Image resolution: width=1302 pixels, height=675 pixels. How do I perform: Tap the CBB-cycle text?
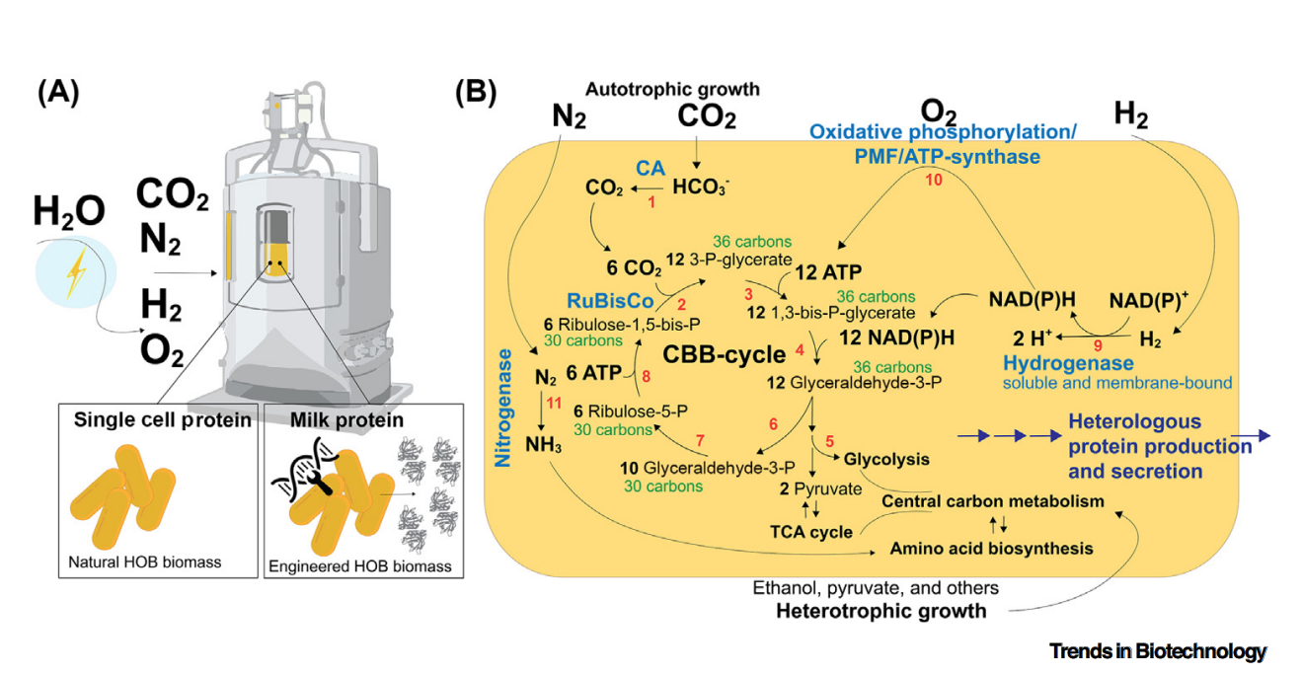723,352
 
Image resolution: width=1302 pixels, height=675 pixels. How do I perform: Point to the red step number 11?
554,402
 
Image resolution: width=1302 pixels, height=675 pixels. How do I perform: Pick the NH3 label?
544,444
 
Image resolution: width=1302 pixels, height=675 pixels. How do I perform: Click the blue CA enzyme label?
648,168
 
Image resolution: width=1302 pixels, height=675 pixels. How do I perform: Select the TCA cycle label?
811,532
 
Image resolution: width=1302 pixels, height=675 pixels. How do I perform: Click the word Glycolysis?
886,459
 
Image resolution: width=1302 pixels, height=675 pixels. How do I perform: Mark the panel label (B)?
476,93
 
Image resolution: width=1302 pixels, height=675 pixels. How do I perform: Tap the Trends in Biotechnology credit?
1157,651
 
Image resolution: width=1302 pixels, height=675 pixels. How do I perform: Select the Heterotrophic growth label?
881,611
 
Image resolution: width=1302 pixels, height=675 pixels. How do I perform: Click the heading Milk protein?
346,420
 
